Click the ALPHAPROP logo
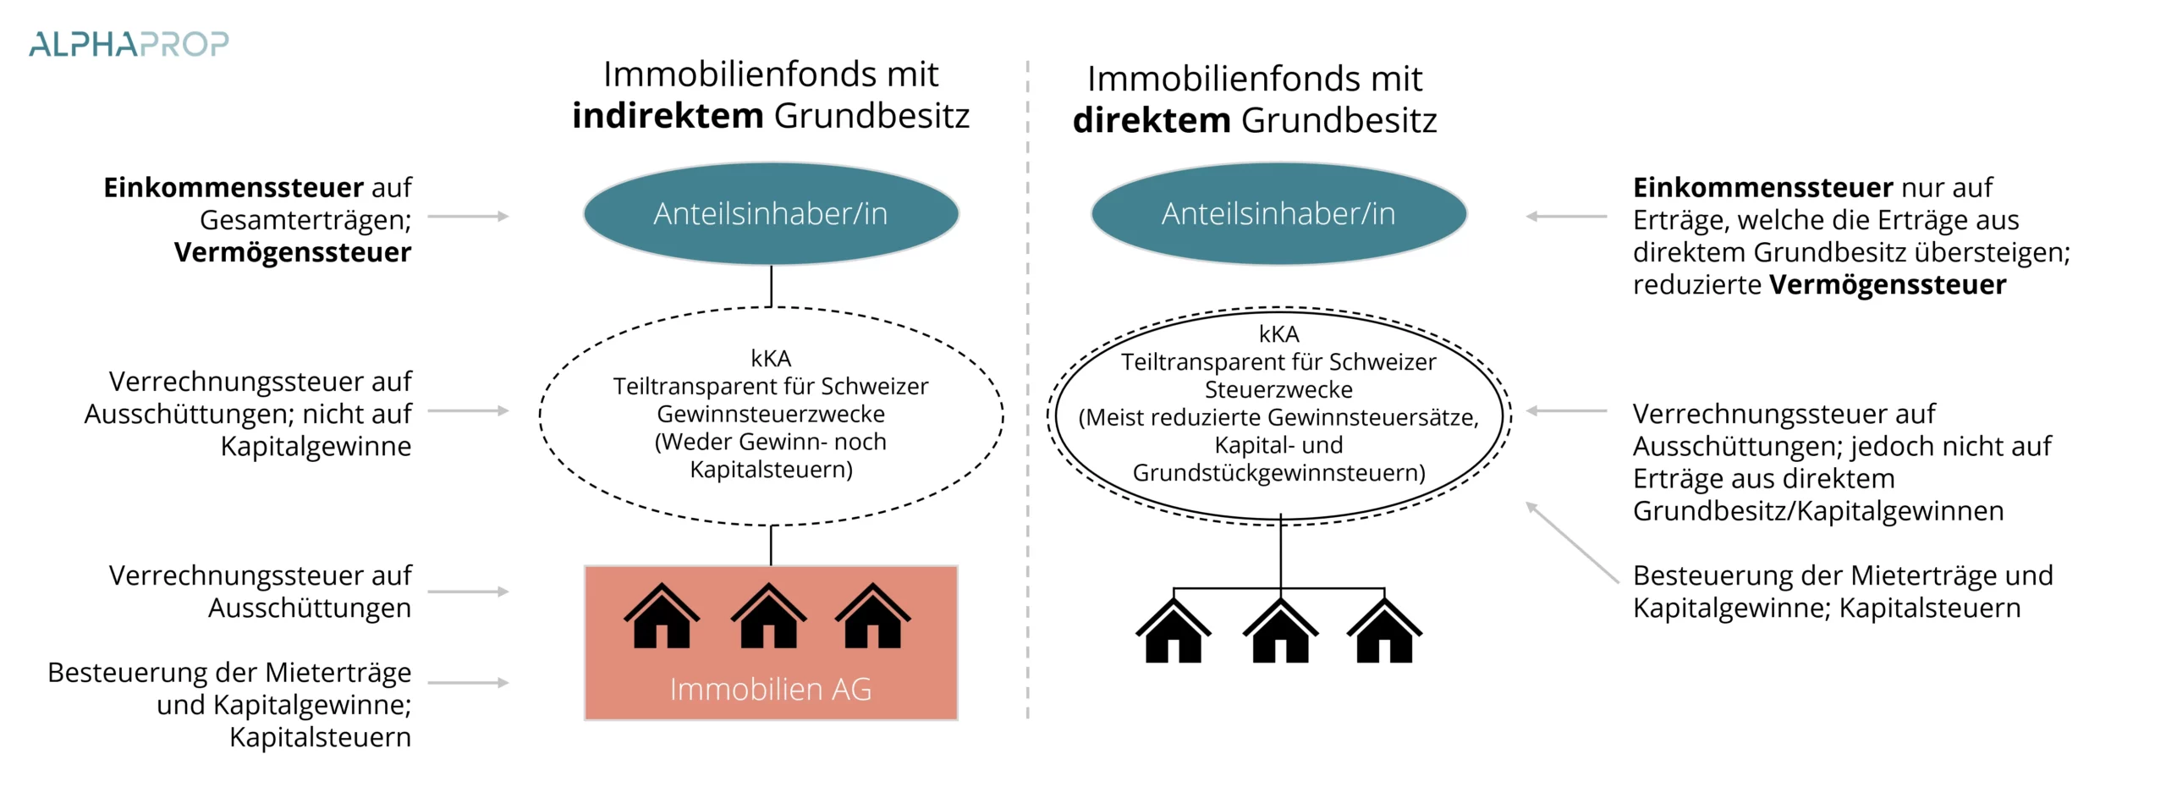[129, 44]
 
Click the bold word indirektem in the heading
[668, 116]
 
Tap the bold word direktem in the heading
[1151, 120]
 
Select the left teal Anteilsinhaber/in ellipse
[771, 214]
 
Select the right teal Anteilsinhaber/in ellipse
[1278, 214]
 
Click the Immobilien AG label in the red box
[771, 689]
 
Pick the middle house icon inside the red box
[768, 617]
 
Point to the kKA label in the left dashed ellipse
[771, 358]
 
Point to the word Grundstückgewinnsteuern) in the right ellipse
[1278, 472]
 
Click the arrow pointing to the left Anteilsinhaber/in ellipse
[468, 217]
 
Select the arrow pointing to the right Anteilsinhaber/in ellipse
[1566, 217]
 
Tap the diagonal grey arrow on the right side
[1571, 542]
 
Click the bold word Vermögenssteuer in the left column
[293, 252]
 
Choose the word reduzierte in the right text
[1697, 284]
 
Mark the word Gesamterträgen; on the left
[305, 220]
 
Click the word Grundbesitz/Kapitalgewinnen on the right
[1818, 511]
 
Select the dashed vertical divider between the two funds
[1028, 389]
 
